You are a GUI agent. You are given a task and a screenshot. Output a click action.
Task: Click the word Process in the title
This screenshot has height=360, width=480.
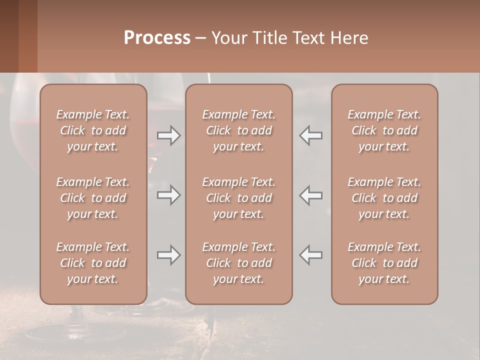pos(157,37)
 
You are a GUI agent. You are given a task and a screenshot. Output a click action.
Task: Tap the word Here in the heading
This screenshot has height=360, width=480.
pos(349,37)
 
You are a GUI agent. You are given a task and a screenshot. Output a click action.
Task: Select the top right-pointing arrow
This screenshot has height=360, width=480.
pos(168,135)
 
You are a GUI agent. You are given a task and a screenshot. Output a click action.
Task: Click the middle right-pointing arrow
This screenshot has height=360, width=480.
pos(168,195)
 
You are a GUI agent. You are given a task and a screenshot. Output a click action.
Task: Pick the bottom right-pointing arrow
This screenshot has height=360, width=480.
pos(168,255)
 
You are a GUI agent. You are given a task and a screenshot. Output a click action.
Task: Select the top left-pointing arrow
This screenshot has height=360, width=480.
pos(311,135)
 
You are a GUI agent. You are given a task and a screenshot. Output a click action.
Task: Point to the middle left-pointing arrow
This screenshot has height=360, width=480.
pos(311,195)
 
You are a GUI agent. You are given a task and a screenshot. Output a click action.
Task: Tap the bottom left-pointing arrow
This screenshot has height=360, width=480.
pos(311,255)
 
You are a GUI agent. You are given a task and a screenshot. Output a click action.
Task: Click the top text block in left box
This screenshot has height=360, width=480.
pos(93,130)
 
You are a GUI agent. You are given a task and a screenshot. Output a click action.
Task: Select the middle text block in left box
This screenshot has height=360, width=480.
pos(93,198)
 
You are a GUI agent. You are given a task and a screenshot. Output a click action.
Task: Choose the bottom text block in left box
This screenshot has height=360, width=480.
pos(93,263)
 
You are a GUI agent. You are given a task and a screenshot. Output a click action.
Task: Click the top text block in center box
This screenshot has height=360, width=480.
pos(238,130)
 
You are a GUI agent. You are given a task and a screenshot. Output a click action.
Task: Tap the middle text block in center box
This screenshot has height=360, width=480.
pos(238,198)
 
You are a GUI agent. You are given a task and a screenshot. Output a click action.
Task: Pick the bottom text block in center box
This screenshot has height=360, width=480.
pos(238,263)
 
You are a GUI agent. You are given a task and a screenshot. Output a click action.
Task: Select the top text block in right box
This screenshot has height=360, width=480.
pos(384,130)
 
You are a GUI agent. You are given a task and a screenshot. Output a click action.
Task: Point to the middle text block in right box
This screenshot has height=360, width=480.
pos(384,198)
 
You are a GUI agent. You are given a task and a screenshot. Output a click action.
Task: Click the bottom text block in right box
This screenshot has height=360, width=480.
pos(384,263)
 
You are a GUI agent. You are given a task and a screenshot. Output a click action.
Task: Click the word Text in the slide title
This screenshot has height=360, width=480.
pos(309,37)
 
